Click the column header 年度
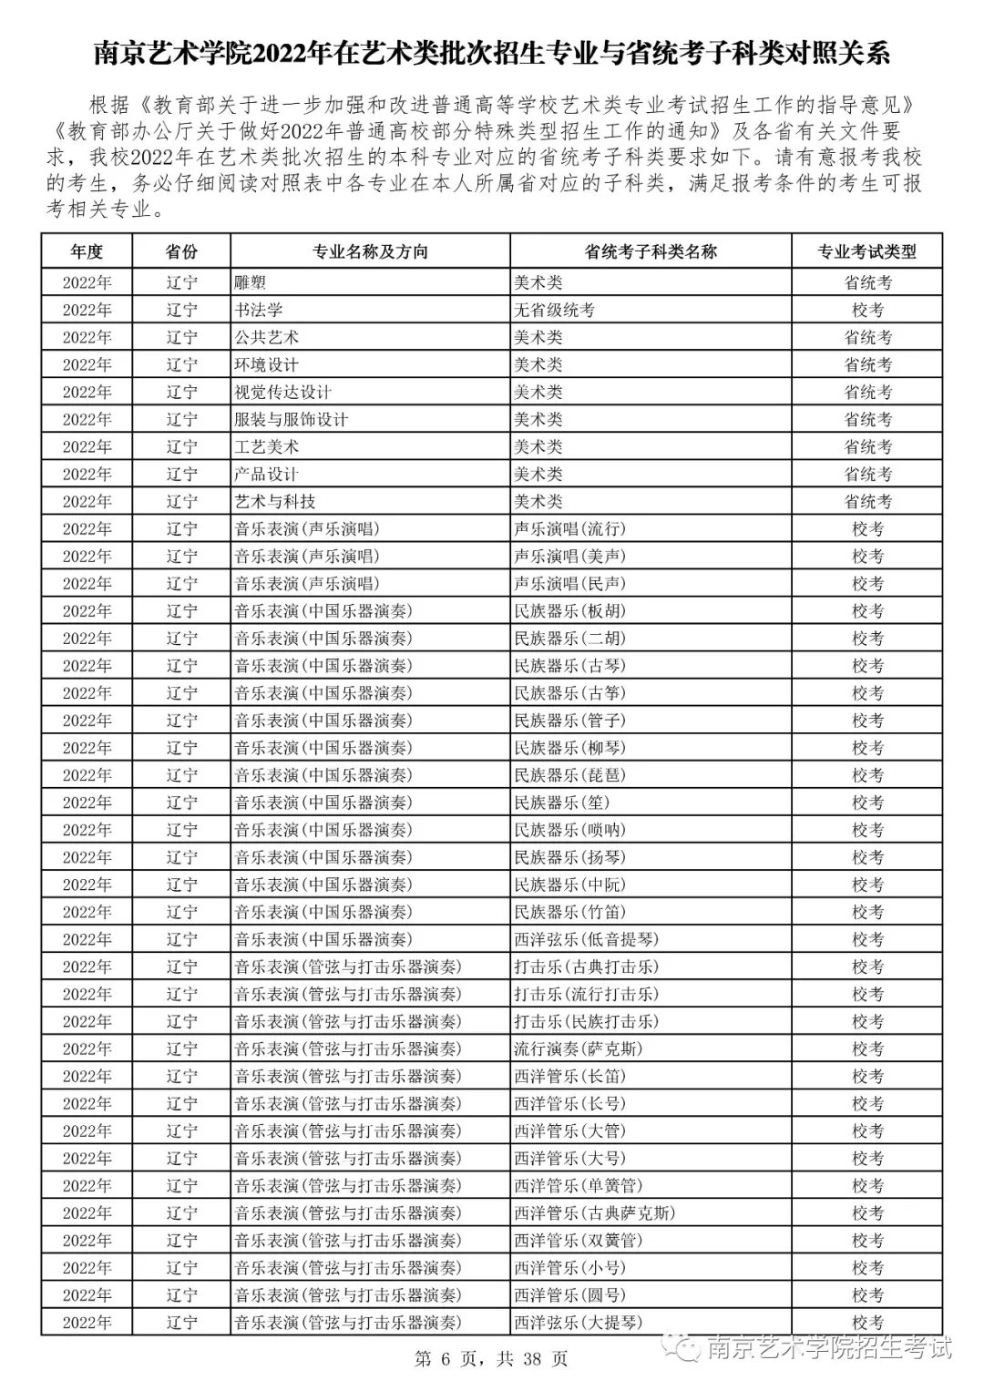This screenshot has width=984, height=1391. click(87, 251)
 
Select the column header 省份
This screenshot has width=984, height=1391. click(181, 251)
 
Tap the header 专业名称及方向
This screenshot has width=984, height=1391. click(370, 251)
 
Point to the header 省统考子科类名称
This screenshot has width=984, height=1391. click(651, 251)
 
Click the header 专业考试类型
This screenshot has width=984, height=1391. click(866, 251)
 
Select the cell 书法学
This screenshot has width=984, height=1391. click(259, 310)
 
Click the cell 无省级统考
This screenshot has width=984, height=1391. click(554, 310)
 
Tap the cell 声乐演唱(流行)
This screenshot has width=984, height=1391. click(569, 528)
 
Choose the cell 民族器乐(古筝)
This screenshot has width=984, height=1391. click(569, 692)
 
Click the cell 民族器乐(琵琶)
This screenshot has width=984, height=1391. click(569, 774)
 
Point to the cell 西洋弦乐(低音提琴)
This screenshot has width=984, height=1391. click(586, 938)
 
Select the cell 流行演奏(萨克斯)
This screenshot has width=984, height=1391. click(578, 1048)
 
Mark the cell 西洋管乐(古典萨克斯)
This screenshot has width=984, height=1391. click(594, 1212)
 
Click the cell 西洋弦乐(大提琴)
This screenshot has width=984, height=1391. click(578, 1322)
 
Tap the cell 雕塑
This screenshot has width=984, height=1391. click(251, 282)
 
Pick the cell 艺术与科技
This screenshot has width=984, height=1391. click(275, 501)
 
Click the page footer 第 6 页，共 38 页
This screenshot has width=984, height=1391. click(491, 1359)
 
